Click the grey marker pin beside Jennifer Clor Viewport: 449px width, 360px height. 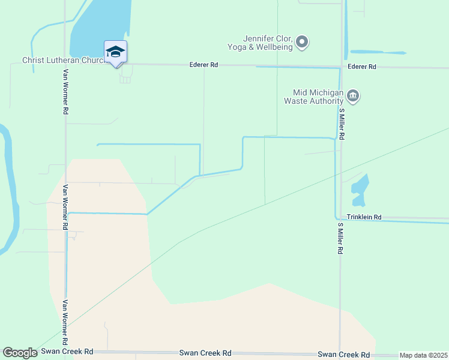click(x=303, y=42)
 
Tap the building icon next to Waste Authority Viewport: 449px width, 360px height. click(x=354, y=97)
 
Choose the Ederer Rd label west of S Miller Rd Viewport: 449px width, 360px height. click(x=203, y=65)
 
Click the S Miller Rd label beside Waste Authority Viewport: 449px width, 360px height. click(x=341, y=124)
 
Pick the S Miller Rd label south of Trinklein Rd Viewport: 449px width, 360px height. click(x=340, y=239)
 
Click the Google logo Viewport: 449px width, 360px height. click(x=20, y=353)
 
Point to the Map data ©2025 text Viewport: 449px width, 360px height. click(x=424, y=355)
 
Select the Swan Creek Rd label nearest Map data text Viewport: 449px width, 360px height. click(x=340, y=355)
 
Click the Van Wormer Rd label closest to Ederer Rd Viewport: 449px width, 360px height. click(x=65, y=93)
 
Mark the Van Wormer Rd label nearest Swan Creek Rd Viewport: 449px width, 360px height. click(x=65, y=320)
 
